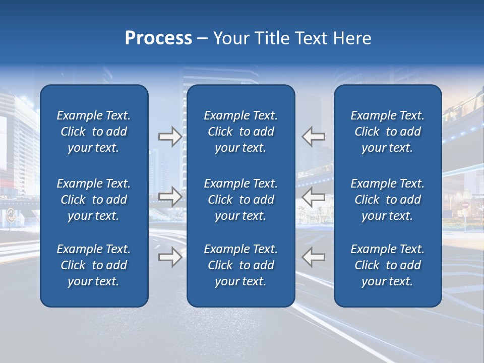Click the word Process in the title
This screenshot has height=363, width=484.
[x=158, y=38]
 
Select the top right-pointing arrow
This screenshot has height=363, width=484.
[x=170, y=137]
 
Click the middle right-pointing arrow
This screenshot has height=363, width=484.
[x=170, y=197]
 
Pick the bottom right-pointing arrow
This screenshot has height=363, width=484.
[x=170, y=257]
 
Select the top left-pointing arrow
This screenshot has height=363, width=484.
[x=313, y=137]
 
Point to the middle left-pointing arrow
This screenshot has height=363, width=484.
[x=313, y=197]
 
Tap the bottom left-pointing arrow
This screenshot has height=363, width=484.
[x=313, y=257]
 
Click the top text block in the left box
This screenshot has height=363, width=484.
[x=94, y=132]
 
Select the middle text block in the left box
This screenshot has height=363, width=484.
[x=94, y=200]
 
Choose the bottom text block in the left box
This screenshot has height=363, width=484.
[x=94, y=265]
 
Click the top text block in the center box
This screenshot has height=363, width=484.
[x=240, y=132]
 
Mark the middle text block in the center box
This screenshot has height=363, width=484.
[x=240, y=200]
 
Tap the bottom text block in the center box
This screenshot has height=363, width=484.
[x=240, y=265]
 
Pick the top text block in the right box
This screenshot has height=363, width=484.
[x=387, y=132]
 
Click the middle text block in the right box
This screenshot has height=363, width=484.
[x=387, y=200]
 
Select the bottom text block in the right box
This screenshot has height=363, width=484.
[x=387, y=265]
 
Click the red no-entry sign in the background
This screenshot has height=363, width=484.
[x=465, y=206]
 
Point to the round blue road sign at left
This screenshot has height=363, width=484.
[x=11, y=216]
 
